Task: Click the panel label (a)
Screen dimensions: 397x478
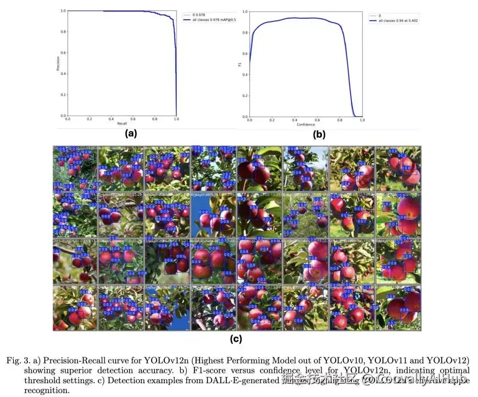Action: point(130,133)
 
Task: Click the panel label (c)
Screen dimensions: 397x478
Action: point(236,339)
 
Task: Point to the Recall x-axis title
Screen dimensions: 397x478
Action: point(121,124)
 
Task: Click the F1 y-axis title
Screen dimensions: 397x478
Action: point(239,64)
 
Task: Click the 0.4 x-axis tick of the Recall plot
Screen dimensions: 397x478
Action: point(110,119)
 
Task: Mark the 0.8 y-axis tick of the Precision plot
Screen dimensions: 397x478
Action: point(64,32)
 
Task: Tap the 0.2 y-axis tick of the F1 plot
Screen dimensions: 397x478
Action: point(245,95)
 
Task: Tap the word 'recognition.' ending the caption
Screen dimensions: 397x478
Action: point(47,390)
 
